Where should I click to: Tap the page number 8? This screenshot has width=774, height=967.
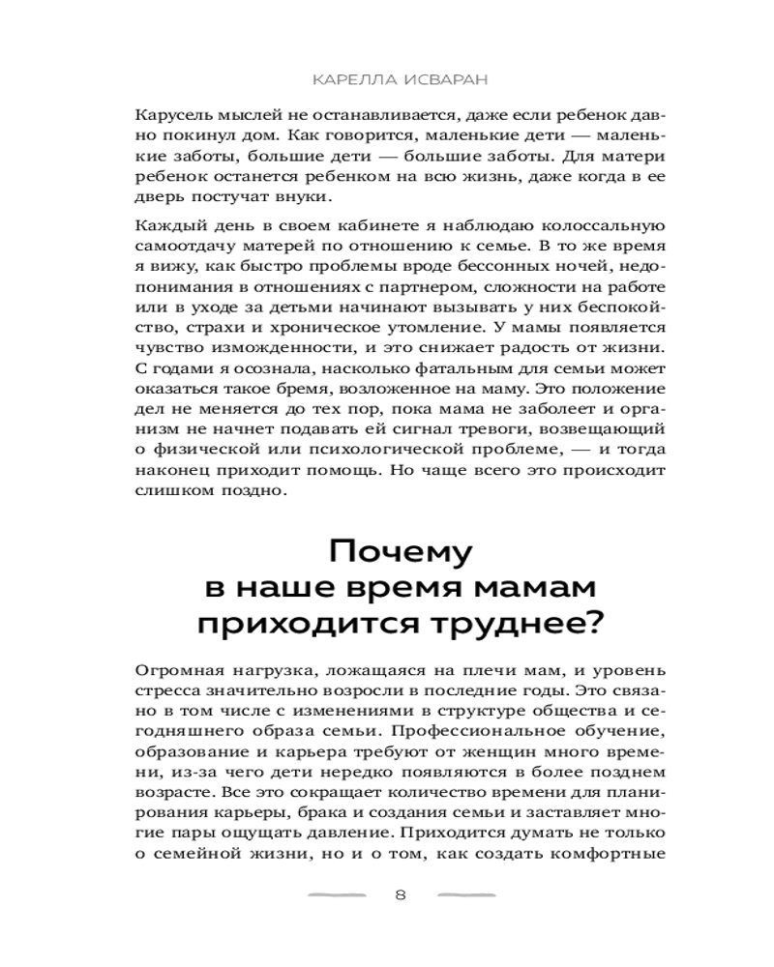[x=401, y=895]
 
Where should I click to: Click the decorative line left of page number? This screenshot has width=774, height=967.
[x=336, y=895]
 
